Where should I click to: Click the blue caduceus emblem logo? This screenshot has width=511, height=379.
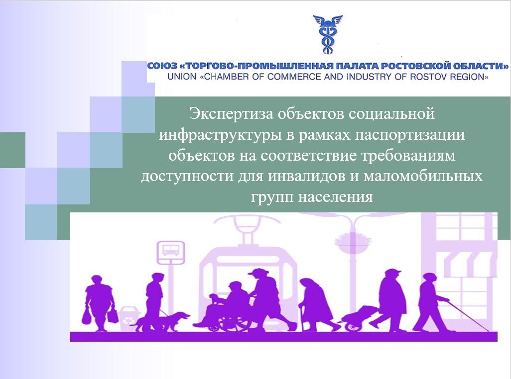[x=328, y=34]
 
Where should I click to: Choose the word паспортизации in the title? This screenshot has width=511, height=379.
[x=410, y=135]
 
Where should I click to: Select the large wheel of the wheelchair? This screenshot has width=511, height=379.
[x=234, y=320]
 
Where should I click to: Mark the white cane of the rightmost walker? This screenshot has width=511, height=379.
[x=468, y=316]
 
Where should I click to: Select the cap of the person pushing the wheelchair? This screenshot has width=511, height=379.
[x=256, y=272]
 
